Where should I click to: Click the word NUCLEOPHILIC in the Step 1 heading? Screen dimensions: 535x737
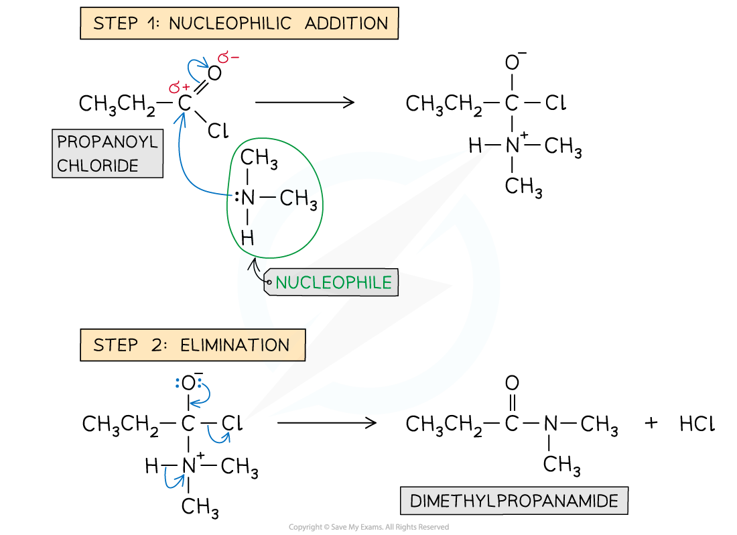pos(230,23)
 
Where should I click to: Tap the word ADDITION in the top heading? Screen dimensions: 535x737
pos(346,23)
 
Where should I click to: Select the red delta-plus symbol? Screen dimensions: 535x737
pos(179,87)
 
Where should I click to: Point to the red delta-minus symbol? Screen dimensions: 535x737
pos(228,58)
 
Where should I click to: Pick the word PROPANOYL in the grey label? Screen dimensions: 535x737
pos(107,142)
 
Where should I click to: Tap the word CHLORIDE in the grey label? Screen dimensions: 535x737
pos(98,166)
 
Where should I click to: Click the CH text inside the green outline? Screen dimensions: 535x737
pos(292,198)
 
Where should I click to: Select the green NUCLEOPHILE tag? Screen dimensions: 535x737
pos(333,283)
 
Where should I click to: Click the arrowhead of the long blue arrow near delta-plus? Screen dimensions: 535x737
pos(180,118)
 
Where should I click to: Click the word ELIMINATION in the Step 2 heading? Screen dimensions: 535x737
pos(234,345)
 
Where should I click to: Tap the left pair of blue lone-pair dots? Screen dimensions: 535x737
pos(178,383)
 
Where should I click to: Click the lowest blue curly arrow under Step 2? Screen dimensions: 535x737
pos(173,478)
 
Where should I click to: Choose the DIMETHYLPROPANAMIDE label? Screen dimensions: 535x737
pos(514,501)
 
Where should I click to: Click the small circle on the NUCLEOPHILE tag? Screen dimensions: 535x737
pos(269,283)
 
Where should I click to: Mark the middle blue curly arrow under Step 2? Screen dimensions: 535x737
pos(218,435)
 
